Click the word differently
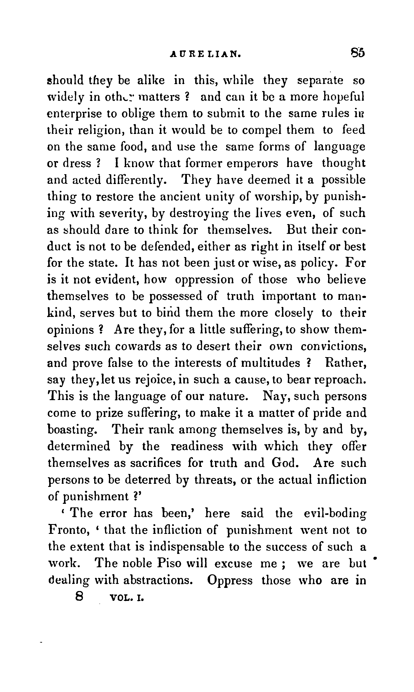(x=136, y=180)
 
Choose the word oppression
(x=204, y=280)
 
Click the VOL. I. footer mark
(x=127, y=598)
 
